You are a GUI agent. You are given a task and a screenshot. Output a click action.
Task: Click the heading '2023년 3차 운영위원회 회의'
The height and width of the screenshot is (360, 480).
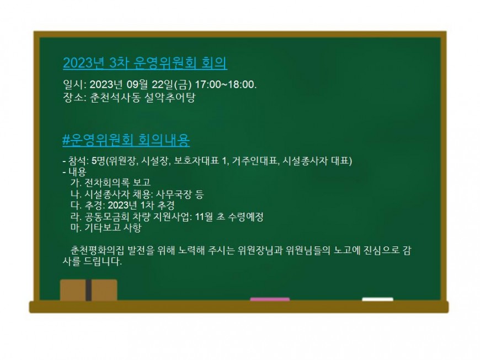(x=145, y=63)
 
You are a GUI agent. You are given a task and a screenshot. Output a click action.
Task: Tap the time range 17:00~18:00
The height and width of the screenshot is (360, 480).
(x=225, y=84)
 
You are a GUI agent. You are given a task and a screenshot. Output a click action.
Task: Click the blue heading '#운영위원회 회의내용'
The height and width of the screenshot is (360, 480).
(x=126, y=140)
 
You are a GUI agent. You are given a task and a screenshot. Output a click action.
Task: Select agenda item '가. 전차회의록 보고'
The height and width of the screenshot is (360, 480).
(x=110, y=182)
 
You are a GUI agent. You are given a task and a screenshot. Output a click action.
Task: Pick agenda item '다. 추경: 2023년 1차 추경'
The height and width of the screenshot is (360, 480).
(x=122, y=205)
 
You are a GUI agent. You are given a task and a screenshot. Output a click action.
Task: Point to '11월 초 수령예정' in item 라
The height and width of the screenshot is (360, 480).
(x=229, y=217)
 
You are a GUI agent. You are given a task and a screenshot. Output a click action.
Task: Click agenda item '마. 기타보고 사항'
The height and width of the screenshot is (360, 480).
(x=106, y=228)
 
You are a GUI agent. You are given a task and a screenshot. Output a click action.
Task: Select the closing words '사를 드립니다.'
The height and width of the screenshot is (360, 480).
(x=93, y=261)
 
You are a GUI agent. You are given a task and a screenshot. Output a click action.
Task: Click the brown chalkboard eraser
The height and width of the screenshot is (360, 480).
(x=88, y=290)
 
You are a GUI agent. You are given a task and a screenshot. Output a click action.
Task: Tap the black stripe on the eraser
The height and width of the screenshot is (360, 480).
(x=88, y=290)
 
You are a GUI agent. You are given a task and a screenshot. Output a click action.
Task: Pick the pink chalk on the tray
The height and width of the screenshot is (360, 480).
(x=270, y=299)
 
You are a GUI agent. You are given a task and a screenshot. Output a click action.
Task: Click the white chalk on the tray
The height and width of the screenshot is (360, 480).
(x=377, y=299)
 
